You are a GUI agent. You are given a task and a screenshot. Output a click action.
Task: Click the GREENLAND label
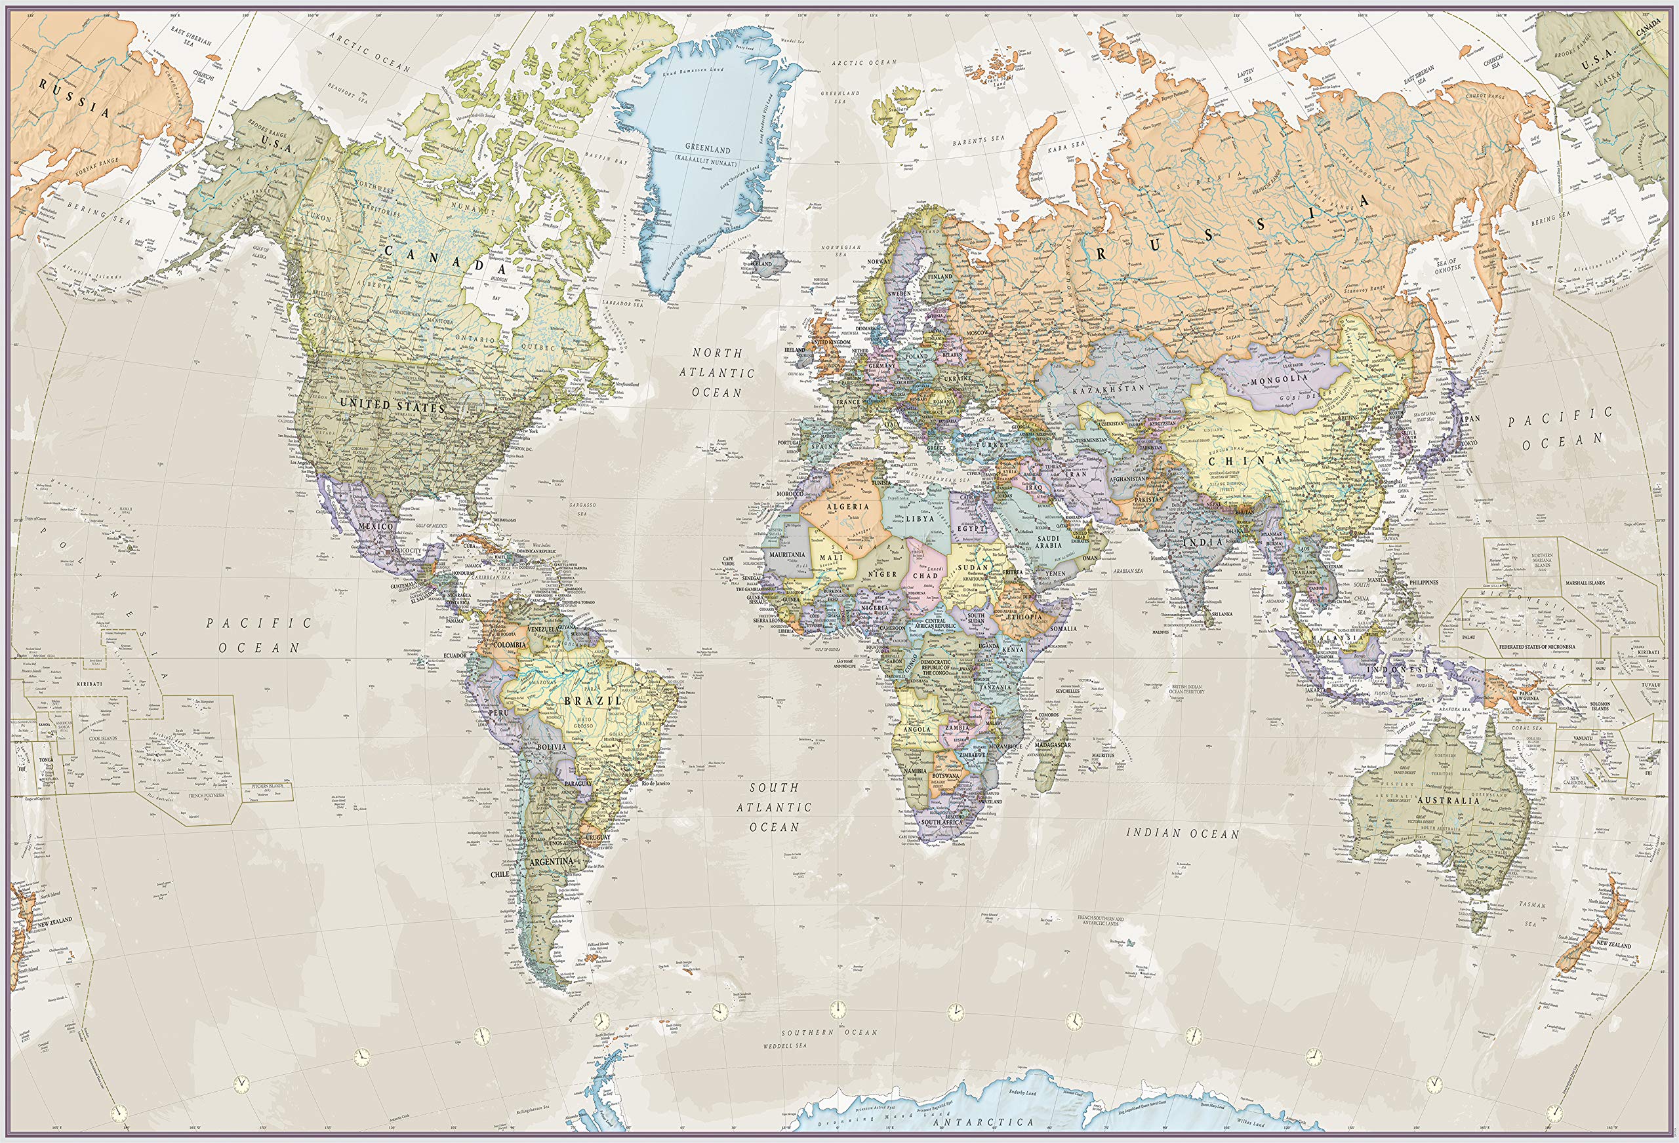707,149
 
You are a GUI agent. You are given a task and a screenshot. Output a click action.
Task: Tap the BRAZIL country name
592,701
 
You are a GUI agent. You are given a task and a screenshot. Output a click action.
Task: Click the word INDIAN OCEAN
1183,833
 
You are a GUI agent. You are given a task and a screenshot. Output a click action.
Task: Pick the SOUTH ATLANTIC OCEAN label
774,807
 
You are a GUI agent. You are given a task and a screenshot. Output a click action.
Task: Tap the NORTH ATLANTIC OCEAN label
717,372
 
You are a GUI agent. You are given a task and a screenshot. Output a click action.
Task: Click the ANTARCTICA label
982,1122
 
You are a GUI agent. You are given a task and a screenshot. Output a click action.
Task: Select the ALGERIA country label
847,506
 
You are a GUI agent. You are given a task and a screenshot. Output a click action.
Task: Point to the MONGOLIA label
1280,378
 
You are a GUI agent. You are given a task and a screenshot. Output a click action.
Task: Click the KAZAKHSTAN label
1108,389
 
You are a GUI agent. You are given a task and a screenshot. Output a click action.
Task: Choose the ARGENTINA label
550,861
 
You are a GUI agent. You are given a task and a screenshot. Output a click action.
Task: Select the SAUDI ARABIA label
1047,542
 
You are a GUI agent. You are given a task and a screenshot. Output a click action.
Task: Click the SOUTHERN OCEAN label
830,1032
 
